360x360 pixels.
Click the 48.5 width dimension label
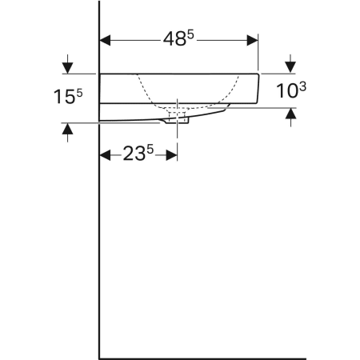178,38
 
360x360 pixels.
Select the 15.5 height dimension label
68,96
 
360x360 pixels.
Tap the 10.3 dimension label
291,90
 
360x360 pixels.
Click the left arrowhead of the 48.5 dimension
105,40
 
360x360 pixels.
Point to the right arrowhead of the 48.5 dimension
252,40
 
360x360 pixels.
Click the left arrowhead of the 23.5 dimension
105,155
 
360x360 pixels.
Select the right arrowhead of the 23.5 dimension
171,155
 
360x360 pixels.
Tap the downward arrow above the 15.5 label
67,64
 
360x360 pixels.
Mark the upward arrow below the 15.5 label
67,133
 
